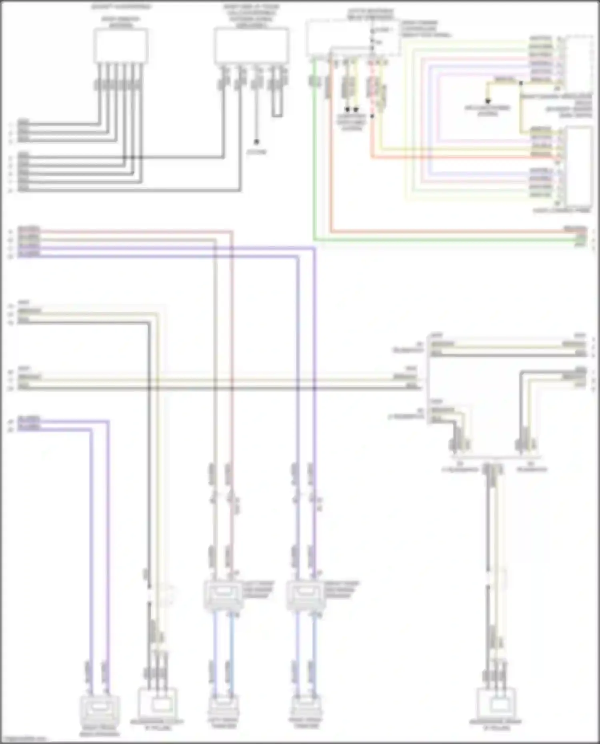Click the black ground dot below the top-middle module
(x=256, y=142)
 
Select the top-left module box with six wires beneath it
(x=121, y=46)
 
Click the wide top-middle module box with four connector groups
(x=251, y=46)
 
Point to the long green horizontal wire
(x=440, y=240)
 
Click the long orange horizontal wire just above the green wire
(x=440, y=231)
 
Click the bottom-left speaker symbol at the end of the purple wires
(x=100, y=709)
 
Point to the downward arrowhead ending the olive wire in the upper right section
(x=488, y=102)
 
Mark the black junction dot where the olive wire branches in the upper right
(x=521, y=83)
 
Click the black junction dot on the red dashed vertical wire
(x=372, y=116)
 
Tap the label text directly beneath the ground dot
(x=256, y=152)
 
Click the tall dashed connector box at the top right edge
(x=579, y=62)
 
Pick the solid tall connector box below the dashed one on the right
(x=579, y=166)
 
